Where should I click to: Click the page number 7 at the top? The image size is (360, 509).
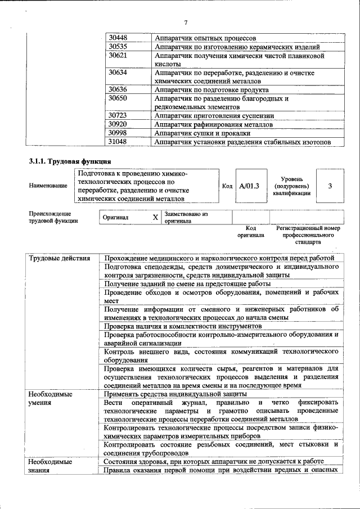(x=185, y=22)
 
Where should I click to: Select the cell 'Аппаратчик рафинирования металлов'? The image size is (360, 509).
(x=214, y=124)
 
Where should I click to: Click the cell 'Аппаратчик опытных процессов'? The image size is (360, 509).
(x=206, y=37)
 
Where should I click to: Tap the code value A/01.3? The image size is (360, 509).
(x=249, y=185)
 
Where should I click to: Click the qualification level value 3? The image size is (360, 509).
(x=330, y=185)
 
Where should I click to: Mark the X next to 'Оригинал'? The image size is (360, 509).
(x=155, y=217)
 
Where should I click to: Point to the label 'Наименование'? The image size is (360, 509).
(x=48, y=185)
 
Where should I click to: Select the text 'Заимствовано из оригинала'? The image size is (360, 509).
(x=186, y=218)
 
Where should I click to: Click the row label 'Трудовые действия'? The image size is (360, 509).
(x=60, y=258)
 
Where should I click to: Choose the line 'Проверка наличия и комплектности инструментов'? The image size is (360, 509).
(x=183, y=326)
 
